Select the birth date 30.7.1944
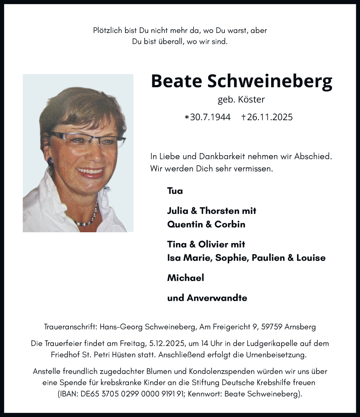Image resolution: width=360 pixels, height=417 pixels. [210, 117]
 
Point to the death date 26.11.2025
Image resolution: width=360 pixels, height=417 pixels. [270, 117]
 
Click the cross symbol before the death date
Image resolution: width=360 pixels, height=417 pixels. [244, 117]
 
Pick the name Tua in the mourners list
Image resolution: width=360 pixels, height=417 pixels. [175, 191]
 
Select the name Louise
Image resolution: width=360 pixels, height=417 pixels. [311, 258]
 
